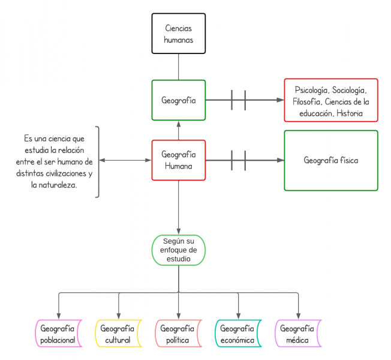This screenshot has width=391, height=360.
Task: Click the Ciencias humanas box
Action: pyautogui.click(x=179, y=34)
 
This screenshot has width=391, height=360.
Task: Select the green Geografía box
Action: pyautogui.click(x=179, y=100)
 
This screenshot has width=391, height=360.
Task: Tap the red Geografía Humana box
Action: pyautogui.click(x=179, y=160)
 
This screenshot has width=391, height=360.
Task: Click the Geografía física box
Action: pyautogui.click(x=331, y=160)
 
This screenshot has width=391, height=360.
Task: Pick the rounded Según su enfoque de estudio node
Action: pyautogui.click(x=179, y=250)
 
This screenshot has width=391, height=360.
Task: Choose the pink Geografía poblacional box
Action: pyautogui.click(x=58, y=334)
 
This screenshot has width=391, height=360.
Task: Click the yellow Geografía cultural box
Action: pyautogui.click(x=118, y=334)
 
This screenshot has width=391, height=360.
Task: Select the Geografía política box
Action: pyautogui.click(x=178, y=334)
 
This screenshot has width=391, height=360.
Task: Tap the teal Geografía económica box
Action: pyautogui.click(x=238, y=334)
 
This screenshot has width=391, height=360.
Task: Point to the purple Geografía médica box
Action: pyautogui.click(x=298, y=334)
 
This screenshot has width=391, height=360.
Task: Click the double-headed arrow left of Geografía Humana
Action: pyautogui.click(x=125, y=160)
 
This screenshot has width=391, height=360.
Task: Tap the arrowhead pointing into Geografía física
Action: pyautogui.click(x=280, y=160)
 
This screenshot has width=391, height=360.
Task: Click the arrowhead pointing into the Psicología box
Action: pyautogui.click(x=280, y=100)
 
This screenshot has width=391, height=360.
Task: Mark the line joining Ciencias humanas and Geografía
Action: pyautogui.click(x=179, y=67)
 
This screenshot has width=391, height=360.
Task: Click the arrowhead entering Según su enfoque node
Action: pyautogui.click(x=179, y=232)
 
